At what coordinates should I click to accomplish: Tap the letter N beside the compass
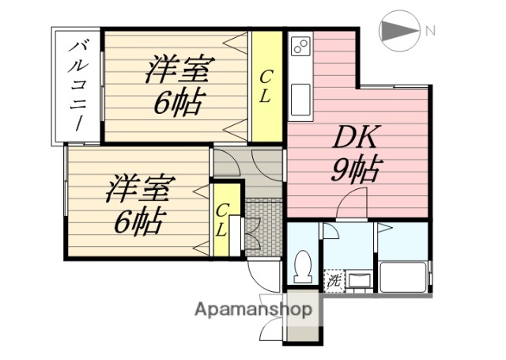click(430, 32)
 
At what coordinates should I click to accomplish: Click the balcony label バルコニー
click(80, 86)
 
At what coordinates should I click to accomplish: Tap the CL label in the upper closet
click(266, 87)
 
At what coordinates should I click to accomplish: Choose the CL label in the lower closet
click(223, 220)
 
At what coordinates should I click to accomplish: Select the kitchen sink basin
click(300, 99)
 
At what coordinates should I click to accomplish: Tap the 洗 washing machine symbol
click(334, 279)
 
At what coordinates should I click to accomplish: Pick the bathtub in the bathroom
click(402, 277)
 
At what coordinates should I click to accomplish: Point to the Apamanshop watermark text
click(253, 309)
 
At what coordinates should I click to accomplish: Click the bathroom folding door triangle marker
click(385, 228)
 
